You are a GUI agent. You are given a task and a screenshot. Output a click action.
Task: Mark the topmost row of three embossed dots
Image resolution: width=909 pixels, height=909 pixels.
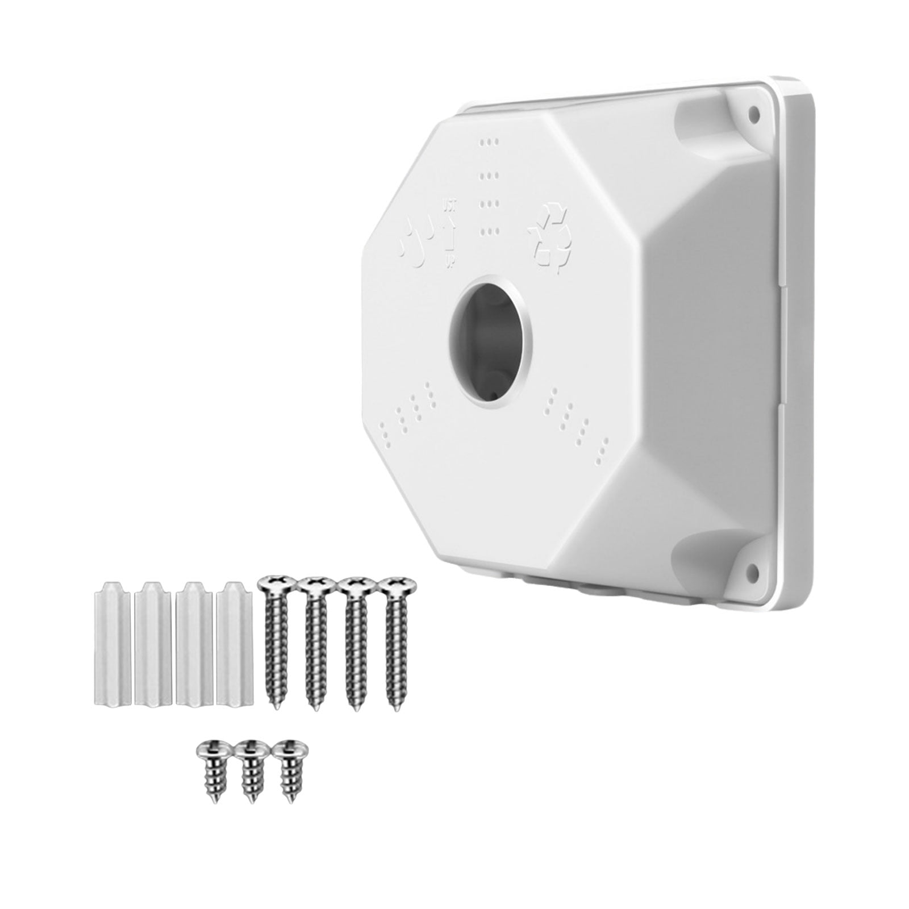(x=489, y=141)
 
